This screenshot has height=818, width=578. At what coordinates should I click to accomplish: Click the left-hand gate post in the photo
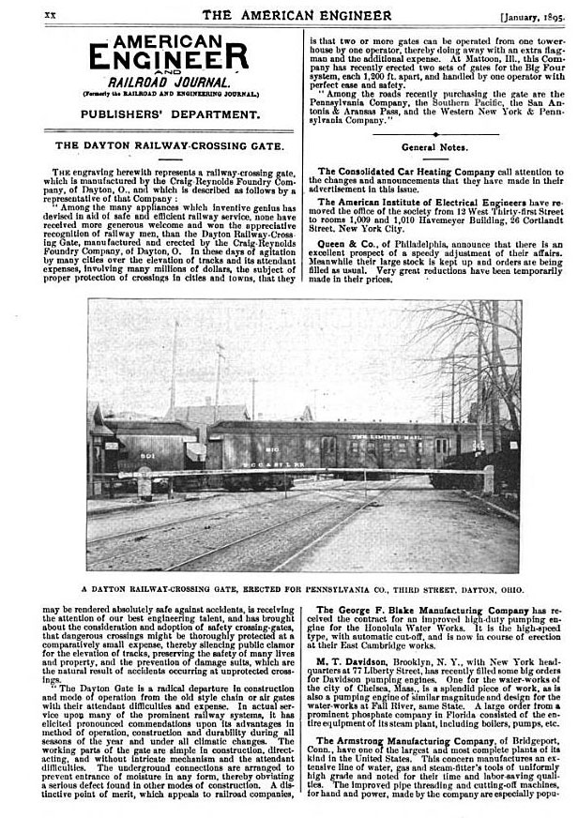click(143, 485)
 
